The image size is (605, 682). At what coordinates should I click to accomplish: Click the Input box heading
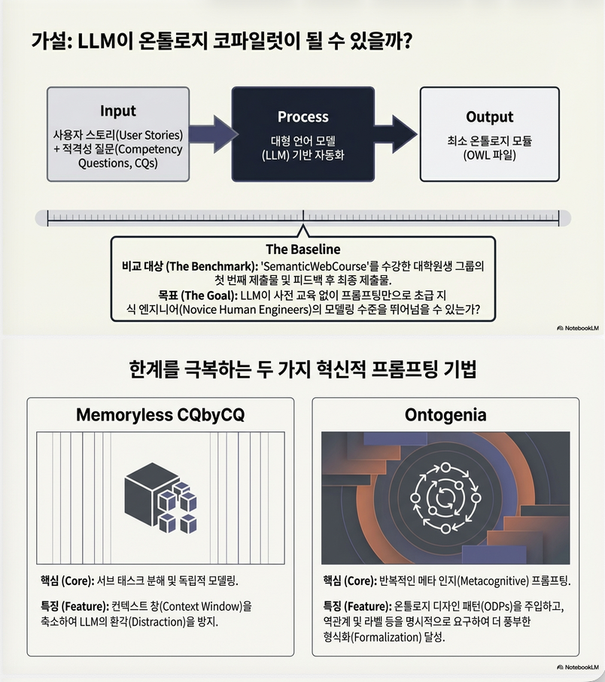click(x=118, y=112)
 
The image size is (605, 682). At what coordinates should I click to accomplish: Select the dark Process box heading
click(x=302, y=117)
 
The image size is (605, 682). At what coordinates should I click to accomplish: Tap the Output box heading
click(x=489, y=117)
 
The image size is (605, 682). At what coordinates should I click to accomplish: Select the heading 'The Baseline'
click(x=302, y=249)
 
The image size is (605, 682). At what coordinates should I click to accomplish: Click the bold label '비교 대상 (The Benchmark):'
click(x=190, y=265)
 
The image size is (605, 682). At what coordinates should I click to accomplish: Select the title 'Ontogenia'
click(x=445, y=414)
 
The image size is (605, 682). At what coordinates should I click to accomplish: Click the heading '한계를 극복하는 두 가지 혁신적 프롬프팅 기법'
click(x=302, y=371)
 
